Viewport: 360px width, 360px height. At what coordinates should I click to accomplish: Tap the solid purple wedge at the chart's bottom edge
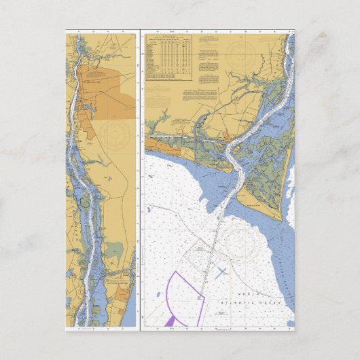pos(170,320)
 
